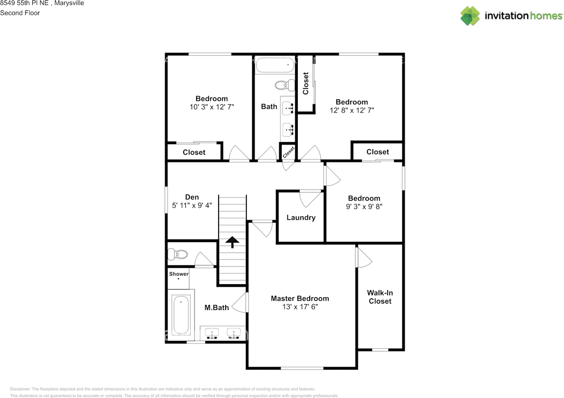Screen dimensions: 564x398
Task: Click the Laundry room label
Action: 301,218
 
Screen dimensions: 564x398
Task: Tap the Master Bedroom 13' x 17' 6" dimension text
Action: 300,307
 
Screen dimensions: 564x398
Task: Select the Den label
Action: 192,197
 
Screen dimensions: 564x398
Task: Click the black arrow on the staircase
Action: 232,242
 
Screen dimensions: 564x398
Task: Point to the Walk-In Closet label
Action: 380,297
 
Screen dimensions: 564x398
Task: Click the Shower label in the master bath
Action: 179,274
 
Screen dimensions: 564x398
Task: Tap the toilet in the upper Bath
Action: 285,85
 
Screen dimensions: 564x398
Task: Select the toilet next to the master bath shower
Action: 178,254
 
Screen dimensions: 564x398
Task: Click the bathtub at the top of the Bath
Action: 275,64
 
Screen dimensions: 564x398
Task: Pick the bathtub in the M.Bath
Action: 181,315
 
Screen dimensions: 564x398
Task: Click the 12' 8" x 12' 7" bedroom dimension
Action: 352,110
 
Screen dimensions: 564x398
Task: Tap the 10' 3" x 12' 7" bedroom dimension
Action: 212,107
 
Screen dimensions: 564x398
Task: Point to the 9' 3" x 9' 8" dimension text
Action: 364,207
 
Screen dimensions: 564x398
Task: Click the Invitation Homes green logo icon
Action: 470,16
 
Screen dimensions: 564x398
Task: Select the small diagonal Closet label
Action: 288,152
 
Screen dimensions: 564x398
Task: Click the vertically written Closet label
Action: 306,83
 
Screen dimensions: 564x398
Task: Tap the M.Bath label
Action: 216,308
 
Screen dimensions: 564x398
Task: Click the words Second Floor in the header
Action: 20,13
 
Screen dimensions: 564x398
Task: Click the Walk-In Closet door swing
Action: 364,258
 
